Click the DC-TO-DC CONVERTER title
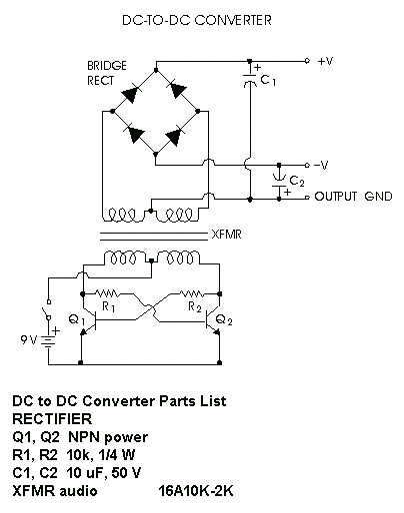pos(197,20)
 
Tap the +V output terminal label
pos(325,61)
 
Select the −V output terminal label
pos(321,165)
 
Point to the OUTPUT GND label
pos(353,197)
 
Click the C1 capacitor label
pos(268,80)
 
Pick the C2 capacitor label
pos(297,181)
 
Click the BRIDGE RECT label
pos(107,73)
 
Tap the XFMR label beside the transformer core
pos(226,235)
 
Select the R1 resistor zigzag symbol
pos(107,293)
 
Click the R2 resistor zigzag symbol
pos(191,293)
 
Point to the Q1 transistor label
pos(77,319)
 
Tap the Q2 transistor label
pos(224,320)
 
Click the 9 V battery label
pos(29,339)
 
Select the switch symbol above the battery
pos(47,310)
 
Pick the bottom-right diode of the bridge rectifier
pos(174,136)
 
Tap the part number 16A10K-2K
pos(196,491)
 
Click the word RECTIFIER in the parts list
pos(52,419)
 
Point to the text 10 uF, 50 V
pos(104,473)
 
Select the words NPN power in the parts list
pos(108,437)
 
